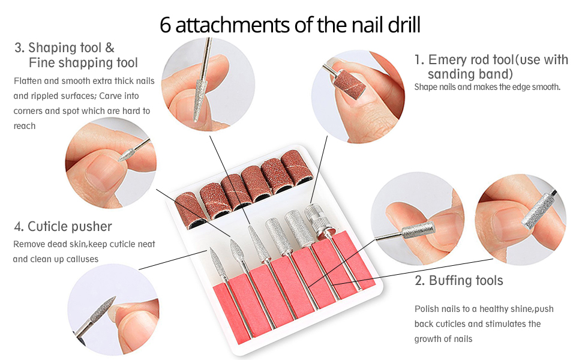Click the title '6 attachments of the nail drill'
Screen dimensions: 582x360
pyautogui.click(x=290, y=25)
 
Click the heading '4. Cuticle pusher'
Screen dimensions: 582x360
pyautogui.click(x=63, y=227)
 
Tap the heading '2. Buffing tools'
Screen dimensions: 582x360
pyautogui.click(x=459, y=281)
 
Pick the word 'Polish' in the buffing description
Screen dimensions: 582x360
pyautogui.click(x=427, y=309)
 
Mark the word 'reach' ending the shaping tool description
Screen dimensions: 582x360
pyautogui.click(x=25, y=126)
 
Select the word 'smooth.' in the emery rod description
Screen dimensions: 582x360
pyautogui.click(x=546, y=87)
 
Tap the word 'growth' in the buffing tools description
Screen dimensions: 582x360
pyautogui.click(x=428, y=339)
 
